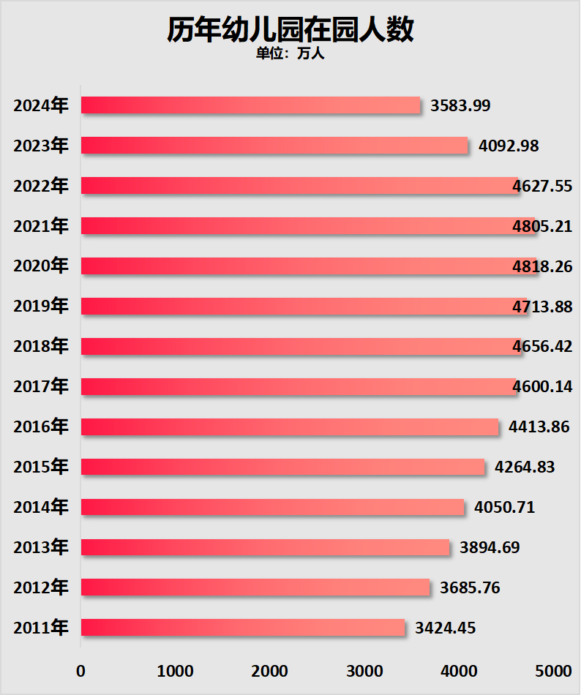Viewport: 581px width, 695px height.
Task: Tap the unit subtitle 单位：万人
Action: click(290, 54)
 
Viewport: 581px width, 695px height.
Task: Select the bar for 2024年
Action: click(250, 105)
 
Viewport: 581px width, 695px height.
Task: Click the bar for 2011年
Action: click(242, 627)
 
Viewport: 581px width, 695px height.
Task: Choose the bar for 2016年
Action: click(289, 427)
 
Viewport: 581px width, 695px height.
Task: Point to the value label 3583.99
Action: click(460, 105)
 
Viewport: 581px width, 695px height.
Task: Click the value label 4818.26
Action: click(542, 266)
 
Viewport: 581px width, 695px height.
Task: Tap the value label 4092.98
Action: click(509, 146)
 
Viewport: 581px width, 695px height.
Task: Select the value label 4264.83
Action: click(525, 467)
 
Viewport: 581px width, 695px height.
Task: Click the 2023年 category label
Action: click(41, 146)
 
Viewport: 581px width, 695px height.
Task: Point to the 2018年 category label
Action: click(41, 346)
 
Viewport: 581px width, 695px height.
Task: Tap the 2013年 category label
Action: click(41, 546)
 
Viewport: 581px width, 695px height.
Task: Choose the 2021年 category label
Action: click(41, 225)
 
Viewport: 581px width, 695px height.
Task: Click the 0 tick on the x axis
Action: click(80, 671)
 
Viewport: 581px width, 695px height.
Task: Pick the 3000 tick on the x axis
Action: click(364, 671)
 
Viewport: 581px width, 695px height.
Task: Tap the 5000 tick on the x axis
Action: click(552, 671)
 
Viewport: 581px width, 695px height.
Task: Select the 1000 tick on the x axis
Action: click(175, 671)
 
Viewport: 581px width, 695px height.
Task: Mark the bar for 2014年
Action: click(272, 506)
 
